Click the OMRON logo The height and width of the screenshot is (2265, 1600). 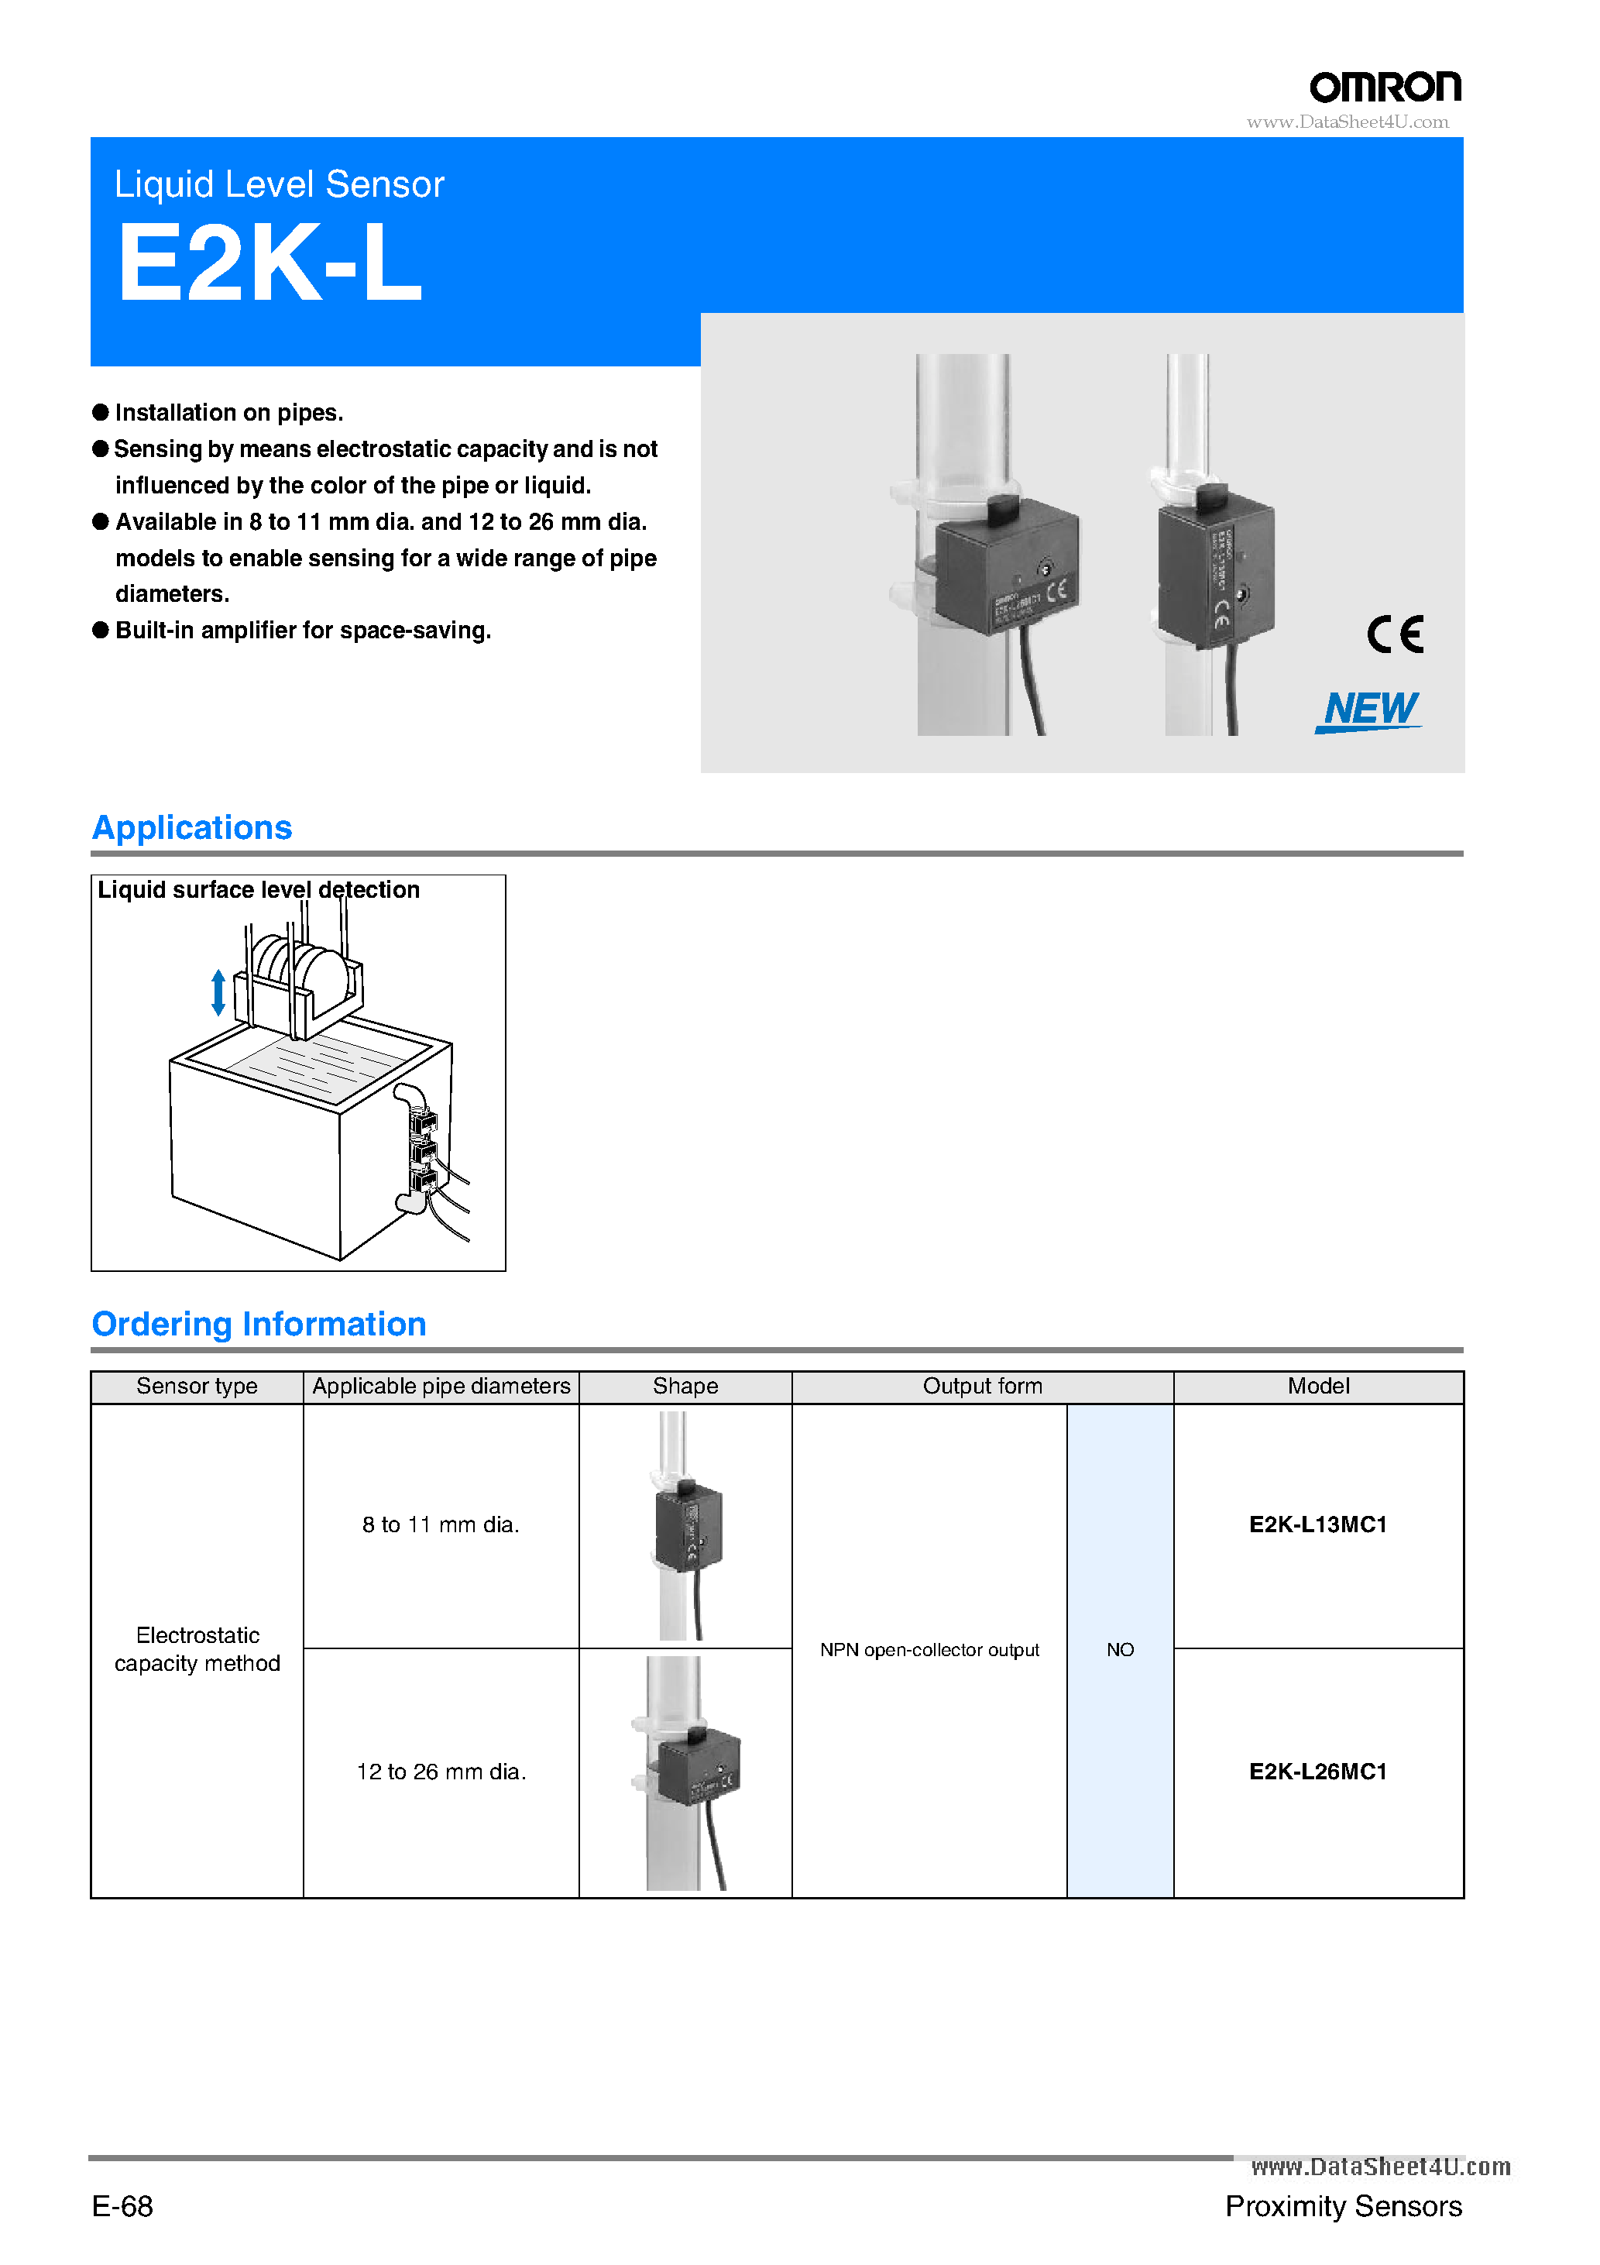(x=1384, y=88)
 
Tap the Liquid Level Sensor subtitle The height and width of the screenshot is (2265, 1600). (x=279, y=184)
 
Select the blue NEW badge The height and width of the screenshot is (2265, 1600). (x=1369, y=710)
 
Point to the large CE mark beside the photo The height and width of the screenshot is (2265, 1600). (x=1395, y=634)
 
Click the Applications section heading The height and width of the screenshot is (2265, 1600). (x=192, y=827)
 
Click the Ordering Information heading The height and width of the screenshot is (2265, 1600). (x=259, y=1323)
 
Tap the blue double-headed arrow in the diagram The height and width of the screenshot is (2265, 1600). (x=218, y=992)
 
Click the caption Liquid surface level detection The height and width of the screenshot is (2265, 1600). (x=259, y=890)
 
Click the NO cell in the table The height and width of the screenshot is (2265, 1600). (x=1120, y=1649)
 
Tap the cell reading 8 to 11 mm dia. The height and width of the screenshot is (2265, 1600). (x=440, y=1524)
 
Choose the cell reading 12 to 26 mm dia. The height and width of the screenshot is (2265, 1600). (x=440, y=1772)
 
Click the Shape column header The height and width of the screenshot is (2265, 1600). (x=685, y=1386)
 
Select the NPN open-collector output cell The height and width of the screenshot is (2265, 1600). (x=929, y=1649)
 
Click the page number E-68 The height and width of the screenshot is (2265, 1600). (x=122, y=2206)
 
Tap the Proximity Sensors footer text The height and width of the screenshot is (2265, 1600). (x=1343, y=2206)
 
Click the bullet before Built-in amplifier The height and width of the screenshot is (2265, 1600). (x=101, y=630)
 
